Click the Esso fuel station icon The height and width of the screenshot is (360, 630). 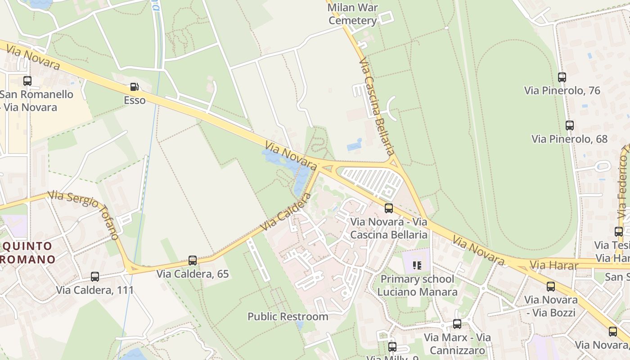point(134,87)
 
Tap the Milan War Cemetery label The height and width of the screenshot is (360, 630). point(353,14)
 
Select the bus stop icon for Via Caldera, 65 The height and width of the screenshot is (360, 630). point(193,261)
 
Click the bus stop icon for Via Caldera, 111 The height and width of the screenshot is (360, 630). point(95,277)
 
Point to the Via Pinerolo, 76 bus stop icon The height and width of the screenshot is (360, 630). point(562,77)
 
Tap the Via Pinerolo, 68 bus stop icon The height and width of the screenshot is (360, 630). point(570,126)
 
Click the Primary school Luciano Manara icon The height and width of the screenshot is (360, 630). point(417,265)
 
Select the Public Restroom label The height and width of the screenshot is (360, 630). point(288,316)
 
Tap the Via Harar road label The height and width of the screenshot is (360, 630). point(554,265)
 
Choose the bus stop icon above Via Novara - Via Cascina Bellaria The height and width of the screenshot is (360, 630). point(389,208)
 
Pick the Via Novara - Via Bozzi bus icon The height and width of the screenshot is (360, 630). point(551,287)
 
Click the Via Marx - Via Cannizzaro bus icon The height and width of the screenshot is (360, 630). point(457,324)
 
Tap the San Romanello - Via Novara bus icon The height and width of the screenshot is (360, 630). point(27,81)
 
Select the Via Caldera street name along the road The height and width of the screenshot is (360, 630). point(286,211)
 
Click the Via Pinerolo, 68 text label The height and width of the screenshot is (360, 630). point(569,139)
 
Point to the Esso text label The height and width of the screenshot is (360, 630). point(135,100)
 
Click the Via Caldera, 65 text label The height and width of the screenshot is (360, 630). point(193,274)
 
